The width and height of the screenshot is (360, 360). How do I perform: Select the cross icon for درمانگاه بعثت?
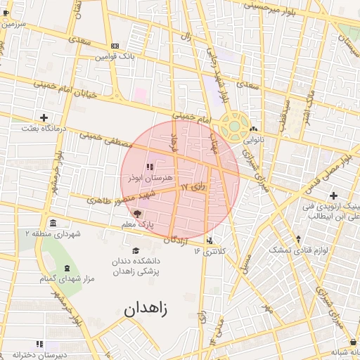point(44,117)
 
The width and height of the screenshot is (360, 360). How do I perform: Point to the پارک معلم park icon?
point(137,214)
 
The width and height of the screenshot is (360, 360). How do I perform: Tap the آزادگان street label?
point(177,240)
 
